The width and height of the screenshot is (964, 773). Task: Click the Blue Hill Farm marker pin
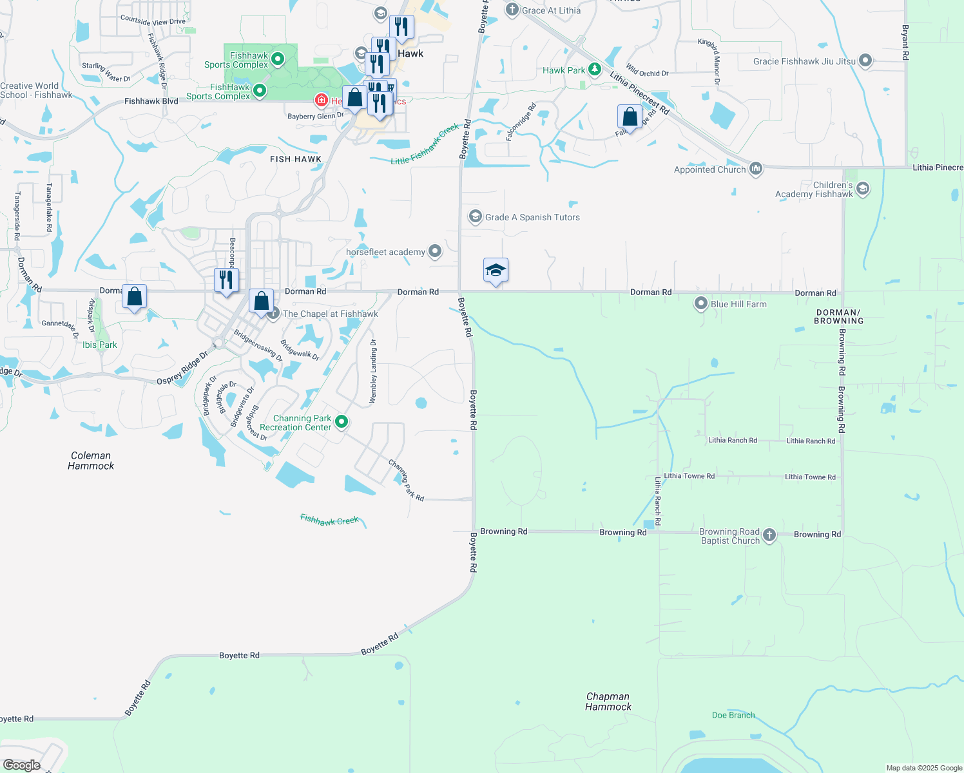pos(701,303)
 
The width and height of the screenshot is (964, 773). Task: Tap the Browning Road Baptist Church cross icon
pos(769,535)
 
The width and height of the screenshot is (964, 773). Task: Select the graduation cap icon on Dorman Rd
pos(496,271)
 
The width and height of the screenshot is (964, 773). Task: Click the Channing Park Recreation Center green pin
pos(342,422)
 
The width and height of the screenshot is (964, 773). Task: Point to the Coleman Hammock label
pos(91,461)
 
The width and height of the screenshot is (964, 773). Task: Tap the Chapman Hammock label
pos(608,701)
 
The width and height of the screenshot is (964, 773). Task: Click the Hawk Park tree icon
pos(595,70)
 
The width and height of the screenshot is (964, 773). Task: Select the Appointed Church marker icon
pos(756,169)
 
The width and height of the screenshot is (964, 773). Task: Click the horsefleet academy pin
pos(435,251)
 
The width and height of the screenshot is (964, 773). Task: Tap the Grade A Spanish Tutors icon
pos(476,216)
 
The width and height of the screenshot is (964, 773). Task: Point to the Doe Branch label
pos(733,715)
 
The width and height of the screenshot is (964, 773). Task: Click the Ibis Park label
pos(100,345)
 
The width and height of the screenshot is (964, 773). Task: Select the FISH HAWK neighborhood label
pos(296,159)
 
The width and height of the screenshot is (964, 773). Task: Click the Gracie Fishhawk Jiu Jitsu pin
pos(865,61)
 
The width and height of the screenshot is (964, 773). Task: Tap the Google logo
pos(22,765)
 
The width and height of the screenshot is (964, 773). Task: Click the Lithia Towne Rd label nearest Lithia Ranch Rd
pos(689,476)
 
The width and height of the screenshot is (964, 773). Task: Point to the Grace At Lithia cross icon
pos(512,10)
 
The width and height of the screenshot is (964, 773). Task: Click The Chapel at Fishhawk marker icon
pos(273,314)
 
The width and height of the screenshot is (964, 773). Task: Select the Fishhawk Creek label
pos(329,520)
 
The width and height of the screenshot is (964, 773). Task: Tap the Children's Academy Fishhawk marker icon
pos(863,189)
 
